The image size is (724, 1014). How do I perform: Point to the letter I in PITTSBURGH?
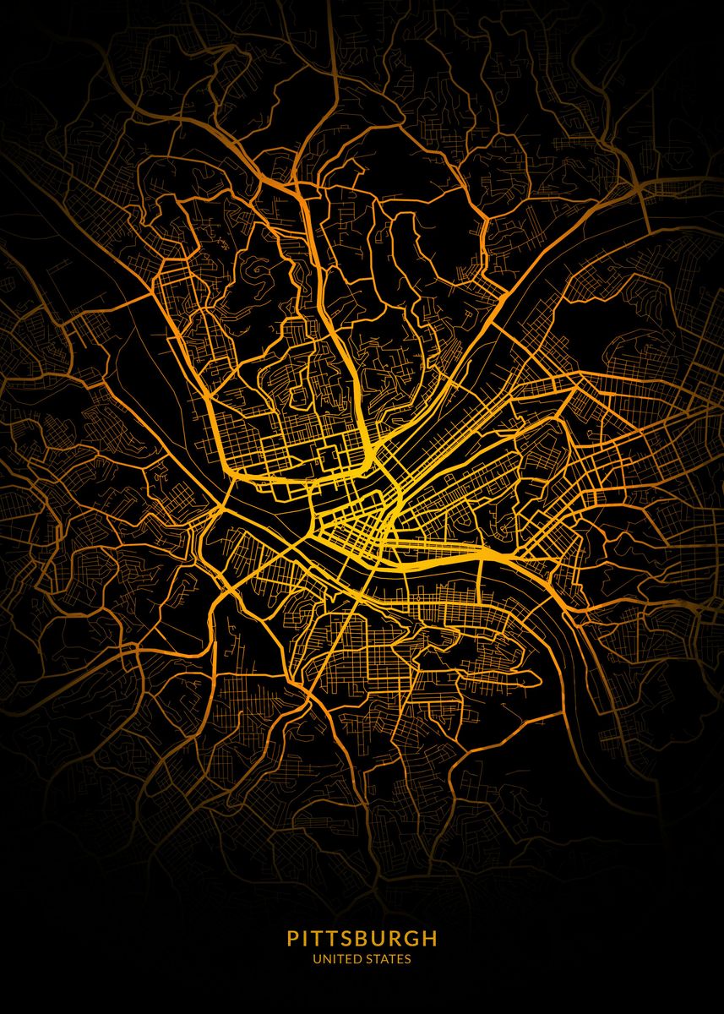tap(307, 938)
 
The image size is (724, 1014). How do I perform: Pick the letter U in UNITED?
tap(317, 959)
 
